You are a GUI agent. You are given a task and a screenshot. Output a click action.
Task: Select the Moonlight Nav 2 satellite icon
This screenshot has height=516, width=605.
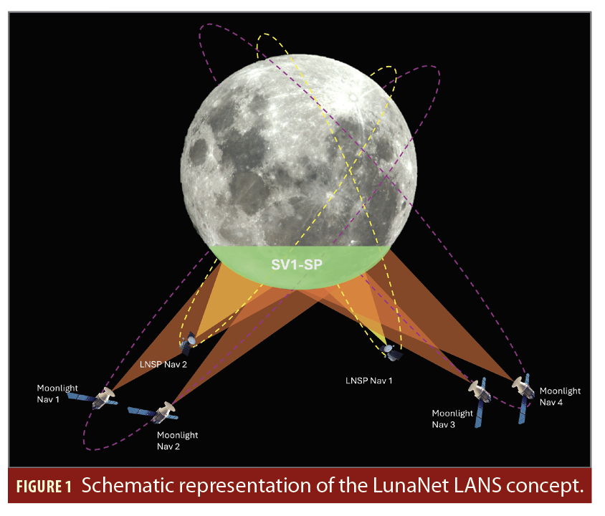[162, 412]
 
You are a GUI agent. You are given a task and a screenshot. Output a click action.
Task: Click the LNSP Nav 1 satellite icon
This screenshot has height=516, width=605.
[391, 350]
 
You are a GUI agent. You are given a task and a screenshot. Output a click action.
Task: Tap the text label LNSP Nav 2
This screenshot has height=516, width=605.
[163, 364]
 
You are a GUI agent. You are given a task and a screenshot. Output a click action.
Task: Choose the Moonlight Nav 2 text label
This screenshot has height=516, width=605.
[177, 440]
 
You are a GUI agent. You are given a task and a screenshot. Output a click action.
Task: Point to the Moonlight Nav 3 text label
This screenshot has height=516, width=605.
[452, 419]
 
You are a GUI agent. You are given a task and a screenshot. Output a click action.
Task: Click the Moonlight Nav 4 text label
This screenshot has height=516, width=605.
[560, 396]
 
